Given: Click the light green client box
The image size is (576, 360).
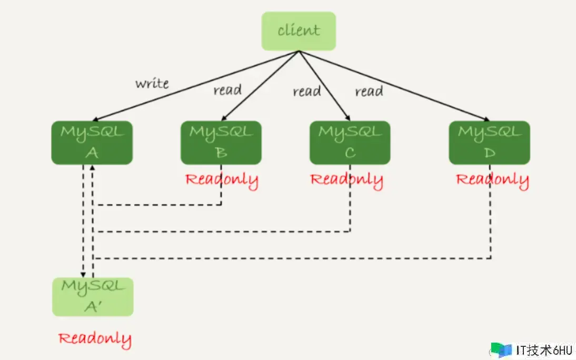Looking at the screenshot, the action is [299, 31].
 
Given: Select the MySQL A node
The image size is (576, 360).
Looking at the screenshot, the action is [92, 143].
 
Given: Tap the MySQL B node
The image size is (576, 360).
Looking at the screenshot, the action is [221, 143].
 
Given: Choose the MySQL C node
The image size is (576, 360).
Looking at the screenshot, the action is [350, 143].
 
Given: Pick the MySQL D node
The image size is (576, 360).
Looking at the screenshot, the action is [489, 143].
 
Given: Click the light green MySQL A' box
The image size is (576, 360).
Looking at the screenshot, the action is [93, 297].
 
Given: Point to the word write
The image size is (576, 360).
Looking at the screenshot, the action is [152, 84].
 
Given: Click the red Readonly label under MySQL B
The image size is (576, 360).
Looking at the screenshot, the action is [222, 181].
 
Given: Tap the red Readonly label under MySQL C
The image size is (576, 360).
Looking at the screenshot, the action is [347, 181].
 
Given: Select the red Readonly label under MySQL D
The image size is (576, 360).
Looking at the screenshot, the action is [492, 181].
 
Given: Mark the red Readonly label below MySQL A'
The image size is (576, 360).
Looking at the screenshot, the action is [95, 339].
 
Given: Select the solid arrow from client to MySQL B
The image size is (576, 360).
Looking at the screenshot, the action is [260, 86].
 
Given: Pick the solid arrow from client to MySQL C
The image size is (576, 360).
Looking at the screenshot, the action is [324, 86].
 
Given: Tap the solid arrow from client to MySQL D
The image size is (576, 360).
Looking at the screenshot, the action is [394, 86].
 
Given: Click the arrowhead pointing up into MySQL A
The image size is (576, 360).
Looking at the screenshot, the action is [92, 167].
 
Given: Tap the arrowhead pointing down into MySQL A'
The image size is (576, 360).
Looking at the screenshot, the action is [83, 274].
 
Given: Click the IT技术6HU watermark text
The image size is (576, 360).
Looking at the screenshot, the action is [544, 350].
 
